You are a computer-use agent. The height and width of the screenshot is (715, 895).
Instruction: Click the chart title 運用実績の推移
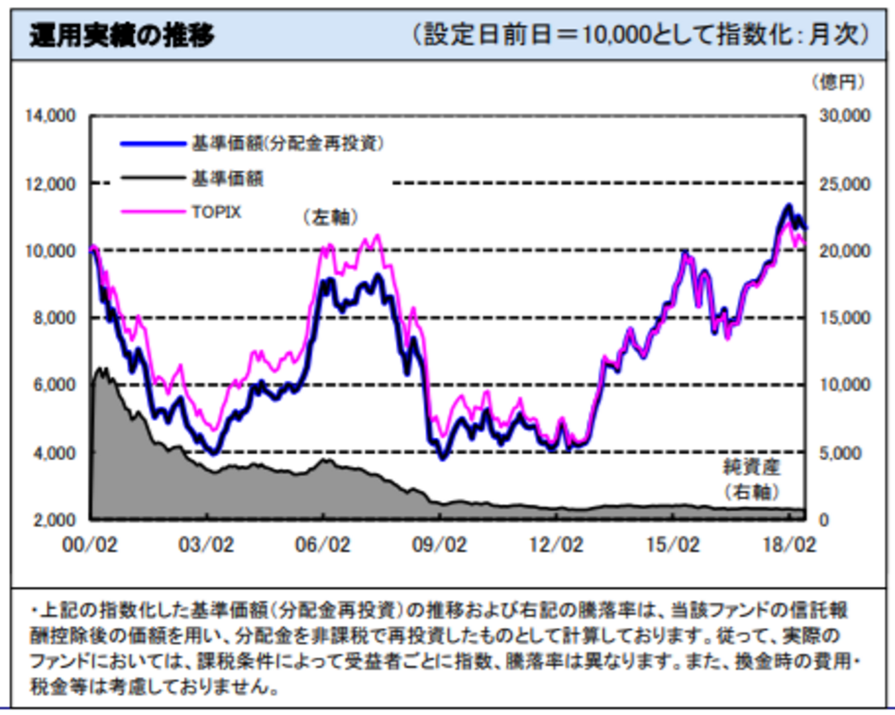pyautogui.click(x=122, y=35)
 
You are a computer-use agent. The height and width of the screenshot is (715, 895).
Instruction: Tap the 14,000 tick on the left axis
pyautogui.click(x=51, y=116)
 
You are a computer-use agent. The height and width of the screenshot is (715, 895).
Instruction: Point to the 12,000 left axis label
pyautogui.click(x=51, y=184)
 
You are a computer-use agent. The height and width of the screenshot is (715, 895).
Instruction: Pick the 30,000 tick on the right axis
pyautogui.click(x=844, y=116)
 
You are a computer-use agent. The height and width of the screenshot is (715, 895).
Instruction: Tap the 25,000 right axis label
pyautogui.click(x=844, y=184)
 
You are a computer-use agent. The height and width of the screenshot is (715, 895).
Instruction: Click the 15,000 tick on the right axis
pyautogui.click(x=844, y=318)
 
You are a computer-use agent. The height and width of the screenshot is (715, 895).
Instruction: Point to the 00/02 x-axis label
pyautogui.click(x=89, y=545)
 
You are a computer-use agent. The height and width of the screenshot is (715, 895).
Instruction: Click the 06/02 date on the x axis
pyautogui.click(x=322, y=545)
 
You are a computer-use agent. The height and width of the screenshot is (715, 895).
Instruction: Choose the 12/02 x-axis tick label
pyautogui.click(x=556, y=545)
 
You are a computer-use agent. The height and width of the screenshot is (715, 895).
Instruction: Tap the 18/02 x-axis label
pyautogui.click(x=789, y=545)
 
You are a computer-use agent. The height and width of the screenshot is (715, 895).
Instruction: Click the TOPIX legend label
pyautogui.click(x=216, y=212)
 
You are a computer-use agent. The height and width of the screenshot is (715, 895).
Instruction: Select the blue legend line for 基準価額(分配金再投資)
pyautogui.click(x=153, y=144)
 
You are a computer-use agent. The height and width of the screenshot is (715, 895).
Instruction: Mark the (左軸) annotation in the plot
pyautogui.click(x=331, y=218)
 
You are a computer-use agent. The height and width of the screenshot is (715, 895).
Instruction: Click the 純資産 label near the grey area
pyautogui.click(x=751, y=467)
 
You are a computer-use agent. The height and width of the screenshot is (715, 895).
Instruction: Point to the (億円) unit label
pyautogui.click(x=838, y=83)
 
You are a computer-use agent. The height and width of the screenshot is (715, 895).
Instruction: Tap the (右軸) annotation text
pyautogui.click(x=751, y=492)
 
